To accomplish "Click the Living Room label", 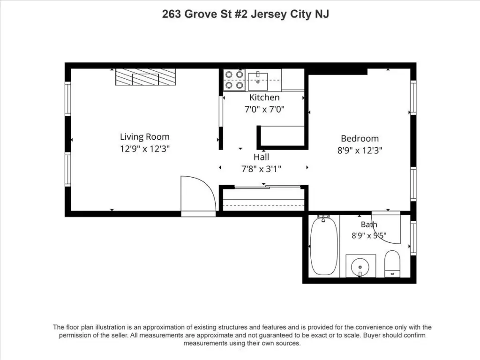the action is point(144,137).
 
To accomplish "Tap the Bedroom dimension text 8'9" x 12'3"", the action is point(360,150).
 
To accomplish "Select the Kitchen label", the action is point(264,97).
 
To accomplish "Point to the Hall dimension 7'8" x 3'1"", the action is point(261,169).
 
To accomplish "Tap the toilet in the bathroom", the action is point(392,263).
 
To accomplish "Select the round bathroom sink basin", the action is point(360,267).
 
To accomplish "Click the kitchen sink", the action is point(258,81).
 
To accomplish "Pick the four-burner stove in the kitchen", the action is point(234,80).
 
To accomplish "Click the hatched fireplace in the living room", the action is point(145,77).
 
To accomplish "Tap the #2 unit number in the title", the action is point(241,14).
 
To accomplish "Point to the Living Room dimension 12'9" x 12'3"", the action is point(144,149).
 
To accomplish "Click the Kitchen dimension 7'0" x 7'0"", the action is point(264,109).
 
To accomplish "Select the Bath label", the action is point(369,225).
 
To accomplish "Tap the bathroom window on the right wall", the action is point(413,238).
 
